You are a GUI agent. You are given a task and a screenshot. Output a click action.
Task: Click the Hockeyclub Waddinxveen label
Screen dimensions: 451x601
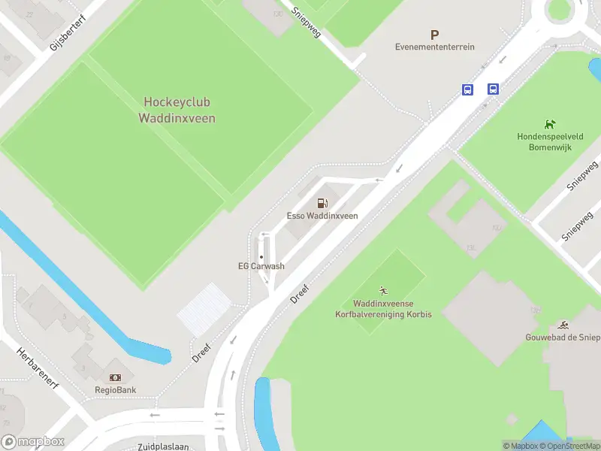click(x=177, y=110)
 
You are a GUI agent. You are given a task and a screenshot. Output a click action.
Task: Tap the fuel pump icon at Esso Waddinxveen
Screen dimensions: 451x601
click(x=322, y=203)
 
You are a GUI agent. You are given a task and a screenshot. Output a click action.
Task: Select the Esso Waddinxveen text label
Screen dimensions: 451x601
click(x=322, y=216)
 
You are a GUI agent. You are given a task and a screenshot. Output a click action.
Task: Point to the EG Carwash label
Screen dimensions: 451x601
click(x=261, y=266)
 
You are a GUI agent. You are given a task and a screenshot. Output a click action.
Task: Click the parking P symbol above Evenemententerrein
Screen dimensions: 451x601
click(x=434, y=35)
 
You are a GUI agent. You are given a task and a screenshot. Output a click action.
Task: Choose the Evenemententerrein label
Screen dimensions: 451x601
click(x=435, y=47)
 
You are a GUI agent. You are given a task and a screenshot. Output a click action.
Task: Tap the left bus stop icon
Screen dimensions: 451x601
click(x=468, y=89)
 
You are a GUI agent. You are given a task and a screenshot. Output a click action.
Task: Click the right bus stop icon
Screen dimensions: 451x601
click(x=494, y=89)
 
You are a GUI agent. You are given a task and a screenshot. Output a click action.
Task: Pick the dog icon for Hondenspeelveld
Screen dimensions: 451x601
click(x=551, y=124)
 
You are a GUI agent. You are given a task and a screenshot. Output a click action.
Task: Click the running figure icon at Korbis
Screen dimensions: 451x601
click(x=383, y=290)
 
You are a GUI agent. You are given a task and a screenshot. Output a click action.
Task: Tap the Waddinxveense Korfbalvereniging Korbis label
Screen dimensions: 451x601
click(x=383, y=308)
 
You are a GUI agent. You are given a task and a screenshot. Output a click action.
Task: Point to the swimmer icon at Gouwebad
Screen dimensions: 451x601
click(x=563, y=325)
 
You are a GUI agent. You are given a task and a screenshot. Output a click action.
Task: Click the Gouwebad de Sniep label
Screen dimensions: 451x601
click(x=563, y=337)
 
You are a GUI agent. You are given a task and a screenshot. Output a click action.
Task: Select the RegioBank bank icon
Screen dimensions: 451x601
click(x=115, y=377)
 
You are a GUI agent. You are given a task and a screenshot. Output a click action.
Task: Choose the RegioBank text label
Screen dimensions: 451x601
click(x=115, y=390)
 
